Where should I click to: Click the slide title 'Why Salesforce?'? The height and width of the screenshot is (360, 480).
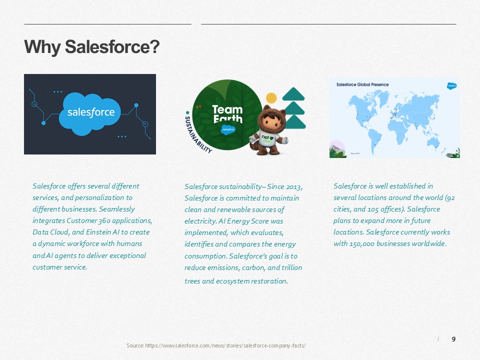coord(92,47)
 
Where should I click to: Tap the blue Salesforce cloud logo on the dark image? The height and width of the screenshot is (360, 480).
coord(91,113)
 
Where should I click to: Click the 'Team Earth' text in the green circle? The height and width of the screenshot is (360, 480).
coord(227,114)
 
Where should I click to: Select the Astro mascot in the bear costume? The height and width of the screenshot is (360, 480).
coord(268,130)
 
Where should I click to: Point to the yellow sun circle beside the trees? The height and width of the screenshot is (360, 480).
coord(271,98)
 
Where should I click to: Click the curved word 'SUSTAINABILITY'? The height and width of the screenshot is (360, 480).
coord(196,135)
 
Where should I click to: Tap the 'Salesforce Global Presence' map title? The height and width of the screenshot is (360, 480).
coord(362,84)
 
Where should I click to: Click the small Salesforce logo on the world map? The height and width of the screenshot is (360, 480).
coord(451,86)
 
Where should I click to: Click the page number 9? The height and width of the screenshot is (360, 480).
coord(453,339)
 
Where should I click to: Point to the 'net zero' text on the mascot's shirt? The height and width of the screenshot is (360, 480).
coord(267,139)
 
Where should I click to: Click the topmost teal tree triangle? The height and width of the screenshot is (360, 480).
coord(293,94)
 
